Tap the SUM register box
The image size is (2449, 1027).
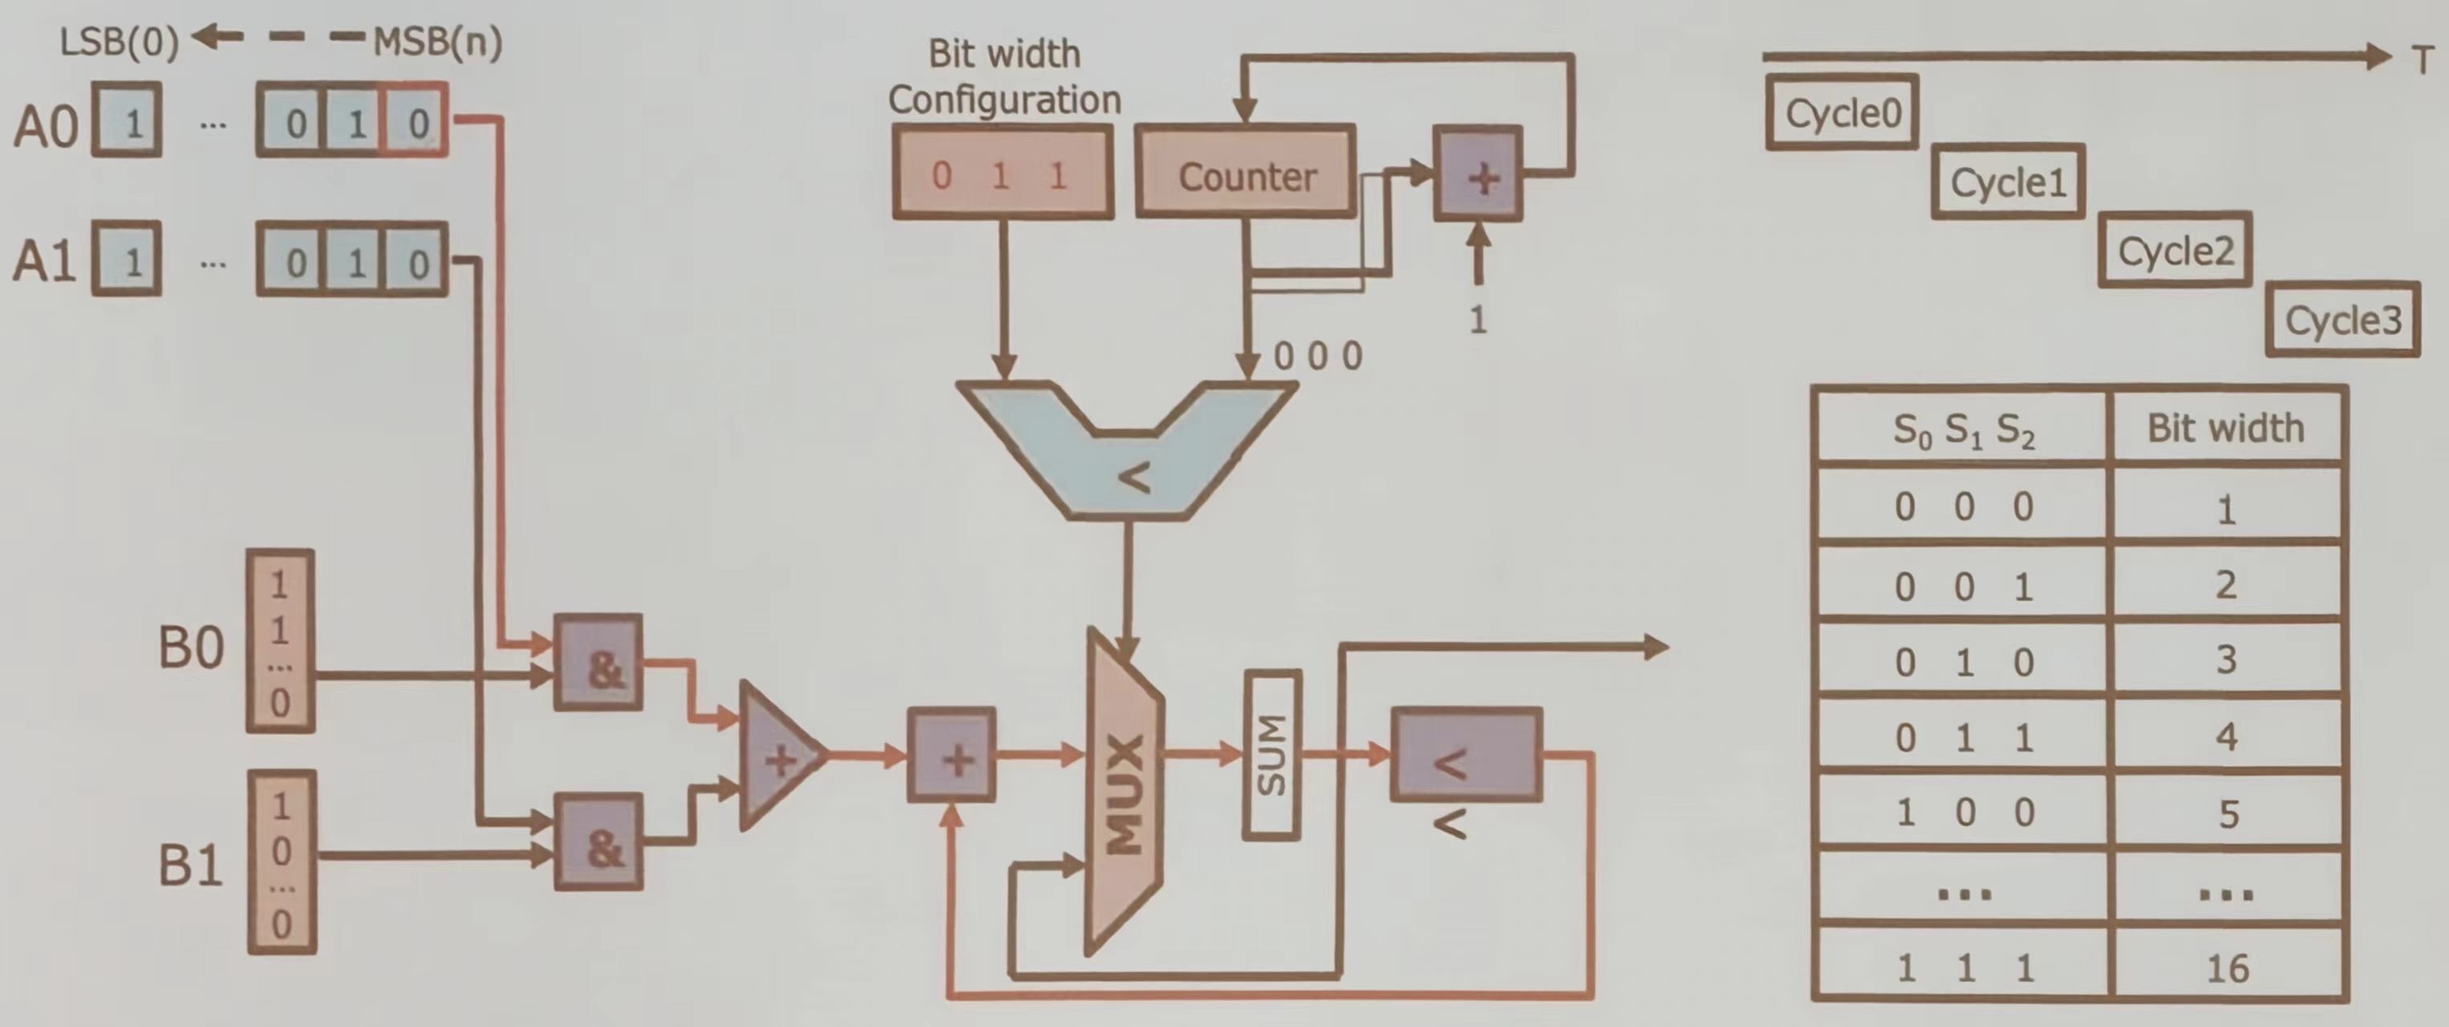coord(1271,755)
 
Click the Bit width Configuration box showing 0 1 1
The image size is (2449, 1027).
coord(1003,173)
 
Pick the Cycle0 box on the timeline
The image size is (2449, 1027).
coord(1842,113)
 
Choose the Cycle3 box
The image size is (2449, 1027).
coord(2342,320)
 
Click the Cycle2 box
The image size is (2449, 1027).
coord(2175,251)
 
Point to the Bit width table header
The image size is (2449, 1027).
coord(2226,428)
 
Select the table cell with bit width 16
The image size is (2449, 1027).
coord(2227,967)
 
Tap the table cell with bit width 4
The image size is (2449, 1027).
coord(2227,736)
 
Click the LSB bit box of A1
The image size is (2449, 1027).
coord(128,261)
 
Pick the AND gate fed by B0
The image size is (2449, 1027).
coord(598,663)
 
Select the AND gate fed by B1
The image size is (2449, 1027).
coord(598,842)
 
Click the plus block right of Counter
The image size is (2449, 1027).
coord(1478,175)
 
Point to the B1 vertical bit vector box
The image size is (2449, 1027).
coord(282,862)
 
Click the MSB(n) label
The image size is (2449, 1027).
coord(437,42)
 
